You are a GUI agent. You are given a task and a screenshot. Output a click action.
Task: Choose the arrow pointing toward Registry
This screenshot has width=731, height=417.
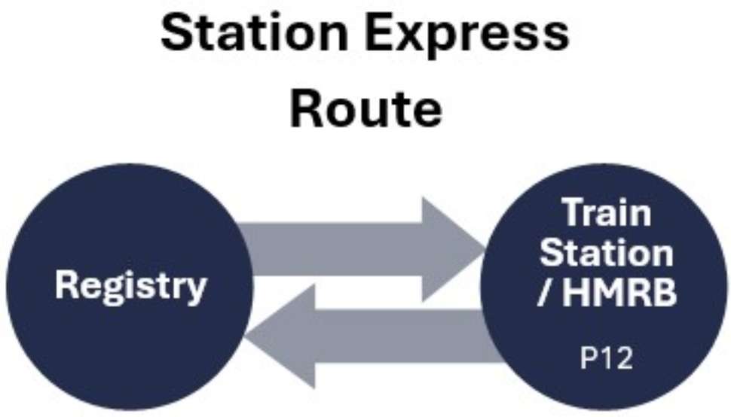377,336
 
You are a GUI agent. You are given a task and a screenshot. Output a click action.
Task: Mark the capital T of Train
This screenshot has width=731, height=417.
574,215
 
